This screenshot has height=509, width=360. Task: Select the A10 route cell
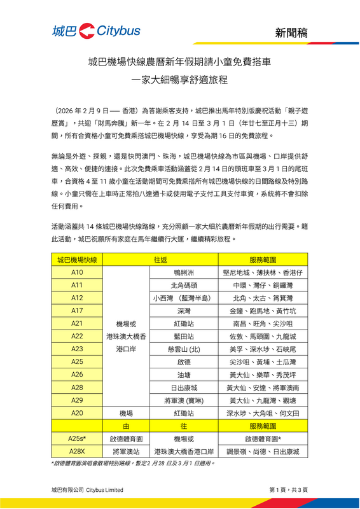tap(77, 272)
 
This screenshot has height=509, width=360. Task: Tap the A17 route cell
tap(77, 310)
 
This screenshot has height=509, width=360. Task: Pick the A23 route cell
tap(77, 349)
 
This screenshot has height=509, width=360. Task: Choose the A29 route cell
tap(77, 400)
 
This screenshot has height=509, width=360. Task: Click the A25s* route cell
tap(77, 438)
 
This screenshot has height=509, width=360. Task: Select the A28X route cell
tap(77, 451)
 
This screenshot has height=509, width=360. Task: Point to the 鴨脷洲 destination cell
tap(184, 272)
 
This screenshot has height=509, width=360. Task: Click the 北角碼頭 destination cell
tap(184, 285)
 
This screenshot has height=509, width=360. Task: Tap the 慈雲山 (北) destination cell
tap(184, 349)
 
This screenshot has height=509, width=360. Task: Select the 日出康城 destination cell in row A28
tap(184, 387)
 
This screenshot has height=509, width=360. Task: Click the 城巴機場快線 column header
tap(77, 260)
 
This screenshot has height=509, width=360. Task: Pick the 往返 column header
tap(160, 260)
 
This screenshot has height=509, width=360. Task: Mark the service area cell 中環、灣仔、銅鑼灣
tap(262, 285)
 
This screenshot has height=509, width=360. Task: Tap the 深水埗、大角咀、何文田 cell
tap(262, 412)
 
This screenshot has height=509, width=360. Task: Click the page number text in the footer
tap(289, 489)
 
